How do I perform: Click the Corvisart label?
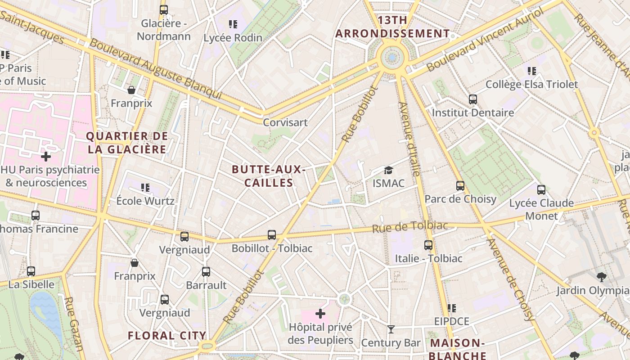tap(285, 122)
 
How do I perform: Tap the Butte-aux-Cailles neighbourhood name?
tap(269, 176)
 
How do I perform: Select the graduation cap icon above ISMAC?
tap(388, 170)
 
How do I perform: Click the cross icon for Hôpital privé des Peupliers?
tap(320, 313)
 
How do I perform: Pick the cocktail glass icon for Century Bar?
tap(391, 329)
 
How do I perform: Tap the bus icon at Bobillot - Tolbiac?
tap(272, 234)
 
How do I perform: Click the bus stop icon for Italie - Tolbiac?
tap(428, 245)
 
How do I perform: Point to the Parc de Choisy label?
tap(460, 199)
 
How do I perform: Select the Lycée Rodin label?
tap(233, 38)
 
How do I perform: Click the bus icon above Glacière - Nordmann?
tap(164, 9)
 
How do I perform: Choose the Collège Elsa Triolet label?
tap(531, 84)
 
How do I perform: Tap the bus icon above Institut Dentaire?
tap(472, 99)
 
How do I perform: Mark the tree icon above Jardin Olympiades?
tap(601, 276)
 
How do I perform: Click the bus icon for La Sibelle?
tap(31, 271)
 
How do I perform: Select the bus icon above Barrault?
tap(206, 271)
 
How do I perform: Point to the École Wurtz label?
tap(145, 201)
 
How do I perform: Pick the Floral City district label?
tap(167, 335)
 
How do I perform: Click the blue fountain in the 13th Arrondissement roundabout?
tap(392, 58)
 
